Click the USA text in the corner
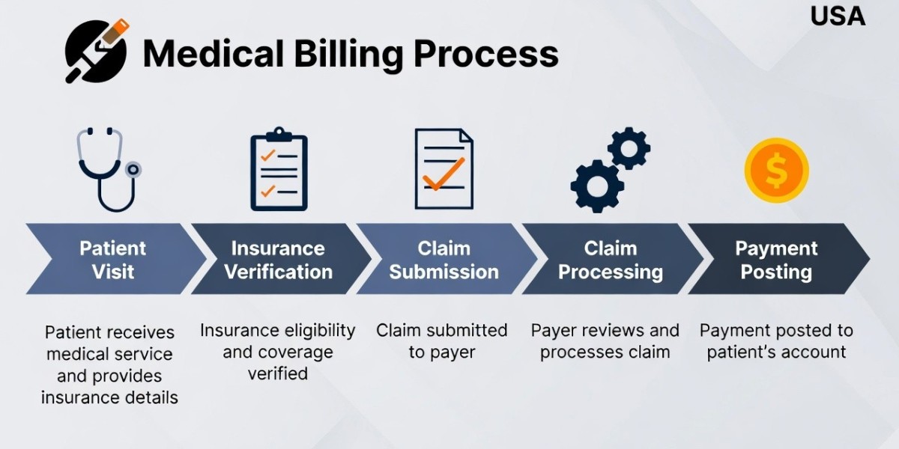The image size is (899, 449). [x=838, y=16]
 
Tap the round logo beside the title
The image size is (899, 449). [x=96, y=51]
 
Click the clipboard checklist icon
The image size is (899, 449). [x=279, y=170]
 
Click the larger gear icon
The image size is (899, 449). [x=597, y=186]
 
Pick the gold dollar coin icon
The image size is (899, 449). [x=776, y=171]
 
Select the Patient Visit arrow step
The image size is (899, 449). [x=112, y=259]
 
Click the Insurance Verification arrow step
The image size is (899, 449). [x=278, y=259]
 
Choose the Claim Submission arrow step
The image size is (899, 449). [x=444, y=259]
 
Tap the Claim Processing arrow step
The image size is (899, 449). [x=611, y=259]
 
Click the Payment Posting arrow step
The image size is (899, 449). [x=776, y=259]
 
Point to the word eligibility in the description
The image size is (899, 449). [x=319, y=331]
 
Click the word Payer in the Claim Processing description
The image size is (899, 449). [x=553, y=330]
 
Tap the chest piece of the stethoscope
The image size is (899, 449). [x=133, y=169]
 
